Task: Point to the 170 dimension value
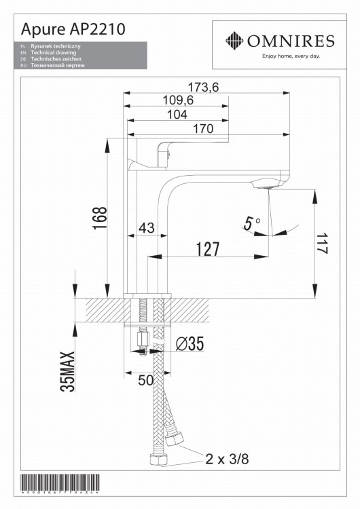pos(203,129)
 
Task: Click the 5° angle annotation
pos(253,222)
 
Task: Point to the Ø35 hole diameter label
pos(190,345)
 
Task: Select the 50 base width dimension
pos(146,381)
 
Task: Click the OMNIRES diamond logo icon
pos(235,40)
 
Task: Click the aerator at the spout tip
pos(267,184)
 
